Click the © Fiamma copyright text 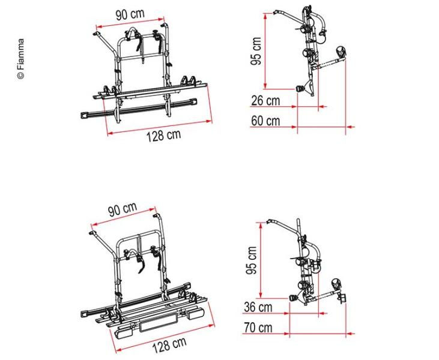21,59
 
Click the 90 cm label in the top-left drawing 130,14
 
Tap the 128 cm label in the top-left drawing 164,136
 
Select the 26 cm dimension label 265,101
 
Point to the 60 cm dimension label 265,121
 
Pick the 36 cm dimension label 258,307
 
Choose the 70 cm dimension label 258,327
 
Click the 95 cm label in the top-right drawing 256,51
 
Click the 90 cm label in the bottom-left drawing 123,209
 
